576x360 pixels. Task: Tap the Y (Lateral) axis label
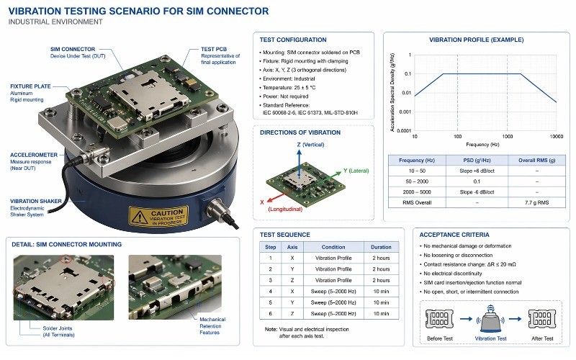coord(356,171)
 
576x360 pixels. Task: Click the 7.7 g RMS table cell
coord(533,203)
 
